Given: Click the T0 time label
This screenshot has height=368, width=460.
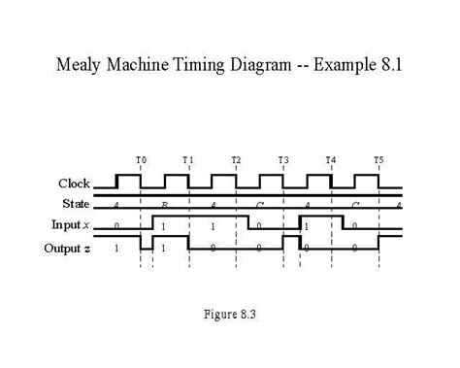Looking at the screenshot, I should click(x=141, y=159).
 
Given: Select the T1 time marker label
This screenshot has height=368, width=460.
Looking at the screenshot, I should click(x=188, y=159).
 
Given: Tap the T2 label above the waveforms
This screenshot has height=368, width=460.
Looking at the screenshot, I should click(x=236, y=159).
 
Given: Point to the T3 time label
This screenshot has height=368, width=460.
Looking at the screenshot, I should click(x=283, y=159).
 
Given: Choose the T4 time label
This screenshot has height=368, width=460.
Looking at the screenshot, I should click(x=331, y=159).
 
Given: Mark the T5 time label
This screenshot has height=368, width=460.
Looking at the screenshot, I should click(x=378, y=159).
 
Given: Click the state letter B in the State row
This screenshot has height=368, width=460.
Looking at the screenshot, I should click(x=165, y=205).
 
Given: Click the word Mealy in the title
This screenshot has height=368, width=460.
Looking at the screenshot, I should click(x=82, y=67).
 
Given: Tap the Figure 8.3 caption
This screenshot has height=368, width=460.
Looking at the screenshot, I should click(x=229, y=314).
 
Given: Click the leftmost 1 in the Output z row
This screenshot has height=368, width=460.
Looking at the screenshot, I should click(x=117, y=248).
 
